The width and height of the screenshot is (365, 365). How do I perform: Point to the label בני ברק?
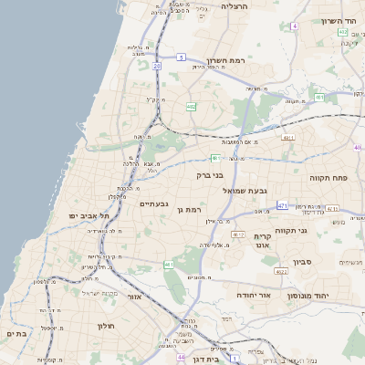coord(210,174)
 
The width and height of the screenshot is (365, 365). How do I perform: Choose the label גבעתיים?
coord(152,203)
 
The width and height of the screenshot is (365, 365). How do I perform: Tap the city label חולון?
coord(103,325)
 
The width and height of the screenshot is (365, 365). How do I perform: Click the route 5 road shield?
coord(182,57)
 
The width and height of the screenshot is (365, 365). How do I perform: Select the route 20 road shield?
coord(157,67)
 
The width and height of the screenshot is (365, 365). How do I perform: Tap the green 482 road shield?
coord(191,107)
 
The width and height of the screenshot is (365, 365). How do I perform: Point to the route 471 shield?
coord(283,205)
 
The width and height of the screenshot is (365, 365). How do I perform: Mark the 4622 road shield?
coord(281,271)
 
